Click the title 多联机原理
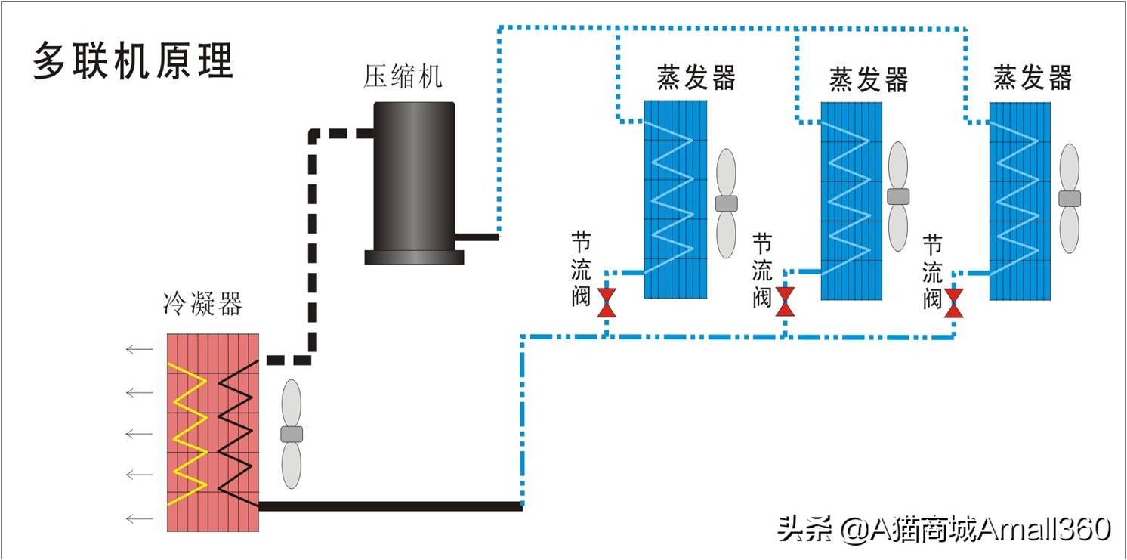pyautogui.click(x=134, y=61)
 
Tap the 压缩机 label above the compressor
pyautogui.click(x=403, y=76)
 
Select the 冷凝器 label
pyautogui.click(x=202, y=305)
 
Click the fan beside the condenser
pyautogui.click(x=291, y=434)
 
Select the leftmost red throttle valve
pyautogui.click(x=606, y=302)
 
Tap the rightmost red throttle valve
pyautogui.click(x=953, y=302)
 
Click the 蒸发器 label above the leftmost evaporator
pyautogui.click(x=696, y=78)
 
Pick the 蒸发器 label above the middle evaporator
pyautogui.click(x=869, y=79)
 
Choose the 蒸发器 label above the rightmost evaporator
pyautogui.click(x=1032, y=78)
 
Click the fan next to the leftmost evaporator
pyautogui.click(x=726, y=203)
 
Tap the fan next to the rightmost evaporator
pyautogui.click(x=1069, y=198)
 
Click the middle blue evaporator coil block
pyautogui.click(x=851, y=200)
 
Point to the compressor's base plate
pyautogui.click(x=414, y=257)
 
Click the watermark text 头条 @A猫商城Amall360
pyautogui.click(x=944, y=528)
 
